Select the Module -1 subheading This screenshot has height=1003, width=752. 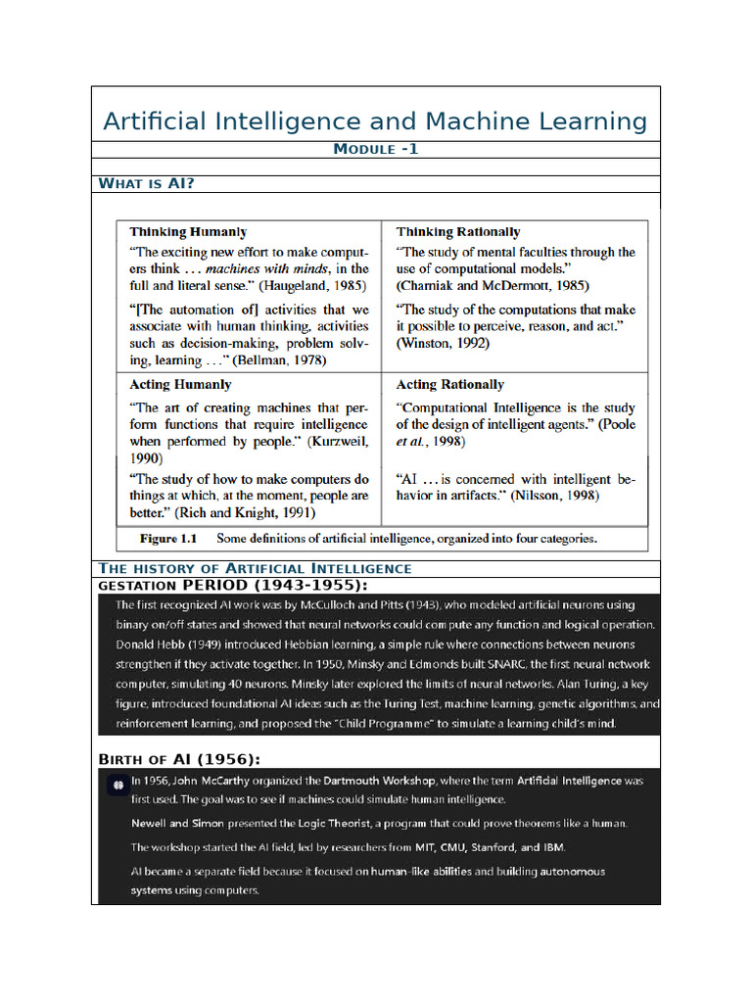point(376,149)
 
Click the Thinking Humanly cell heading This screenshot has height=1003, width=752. point(188,232)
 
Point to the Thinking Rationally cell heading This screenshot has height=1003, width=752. point(457,232)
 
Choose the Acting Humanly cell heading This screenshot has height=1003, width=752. point(180,385)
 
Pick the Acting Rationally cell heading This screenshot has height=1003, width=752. point(449,385)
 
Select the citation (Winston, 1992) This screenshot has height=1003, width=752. point(443,343)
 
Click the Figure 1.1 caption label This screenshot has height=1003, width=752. point(168,539)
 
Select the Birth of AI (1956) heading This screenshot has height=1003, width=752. point(179,760)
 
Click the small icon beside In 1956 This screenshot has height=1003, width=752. point(116,783)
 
